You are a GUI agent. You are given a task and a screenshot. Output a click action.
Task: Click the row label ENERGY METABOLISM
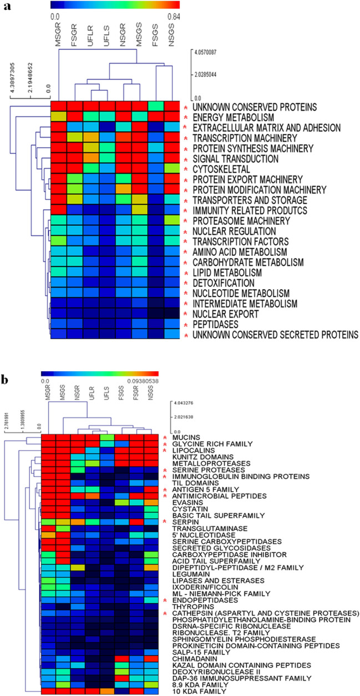coord(227,117)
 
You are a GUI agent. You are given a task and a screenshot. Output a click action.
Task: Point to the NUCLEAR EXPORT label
coord(221,314)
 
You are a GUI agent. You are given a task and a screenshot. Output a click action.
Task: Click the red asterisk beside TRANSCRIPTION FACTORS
coord(186,242)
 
